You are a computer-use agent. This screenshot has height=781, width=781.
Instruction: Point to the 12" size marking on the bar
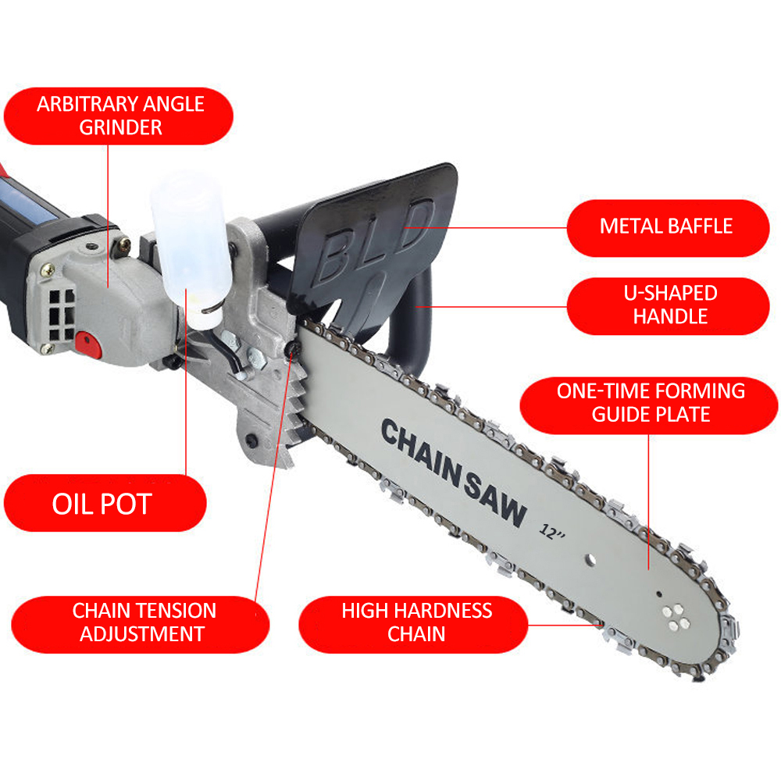pyautogui.click(x=552, y=532)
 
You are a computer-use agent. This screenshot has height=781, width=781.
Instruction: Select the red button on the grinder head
pyautogui.click(x=88, y=344)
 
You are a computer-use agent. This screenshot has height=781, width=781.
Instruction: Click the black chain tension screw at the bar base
pyautogui.click(x=292, y=350)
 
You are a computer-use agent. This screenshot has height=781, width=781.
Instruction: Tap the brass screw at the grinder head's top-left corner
pyautogui.click(x=48, y=270)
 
